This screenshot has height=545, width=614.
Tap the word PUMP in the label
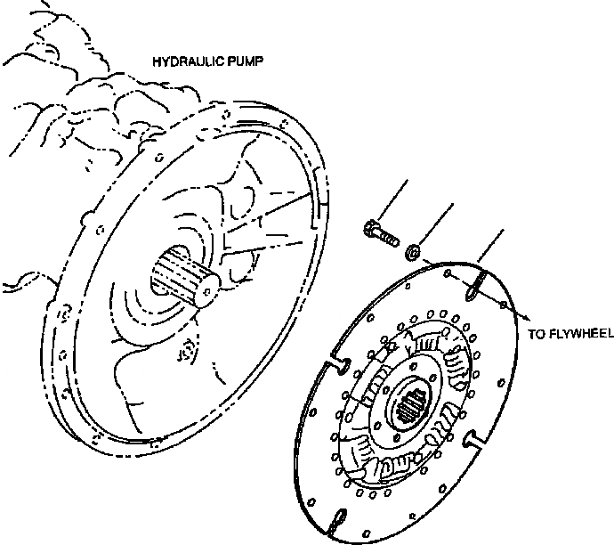246,64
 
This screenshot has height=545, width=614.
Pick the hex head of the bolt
370,229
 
